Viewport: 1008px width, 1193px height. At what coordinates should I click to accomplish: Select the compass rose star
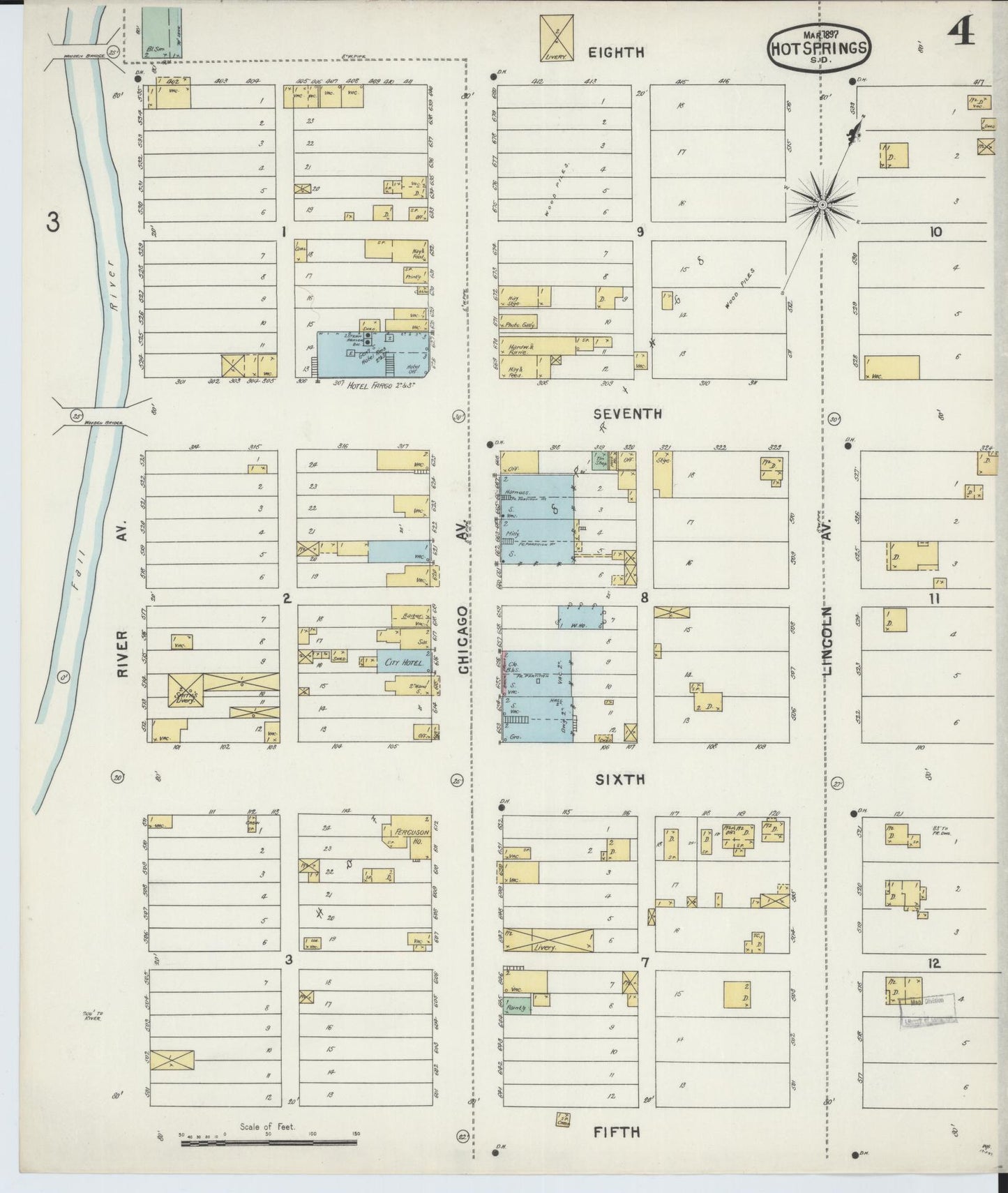pos(822,204)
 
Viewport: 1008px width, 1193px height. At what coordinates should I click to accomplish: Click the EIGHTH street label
pos(616,52)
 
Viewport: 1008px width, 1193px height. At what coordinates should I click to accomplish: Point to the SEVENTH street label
pos(627,414)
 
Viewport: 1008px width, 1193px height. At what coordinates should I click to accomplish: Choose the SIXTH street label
pos(619,780)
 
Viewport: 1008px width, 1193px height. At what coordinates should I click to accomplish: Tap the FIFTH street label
pos(617,1132)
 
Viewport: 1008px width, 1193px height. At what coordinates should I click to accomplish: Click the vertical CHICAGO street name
pos(464,639)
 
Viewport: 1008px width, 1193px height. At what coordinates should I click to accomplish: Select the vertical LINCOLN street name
pos(828,640)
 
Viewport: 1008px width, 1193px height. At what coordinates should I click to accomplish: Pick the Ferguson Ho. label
pos(412,836)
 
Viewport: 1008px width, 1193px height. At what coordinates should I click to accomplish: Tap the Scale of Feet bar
pos(269,1143)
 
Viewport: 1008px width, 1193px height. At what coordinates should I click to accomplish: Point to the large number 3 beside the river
pos(53,223)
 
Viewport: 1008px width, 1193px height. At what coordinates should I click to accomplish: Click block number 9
pos(640,232)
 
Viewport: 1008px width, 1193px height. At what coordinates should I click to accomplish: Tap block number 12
pos(934,963)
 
